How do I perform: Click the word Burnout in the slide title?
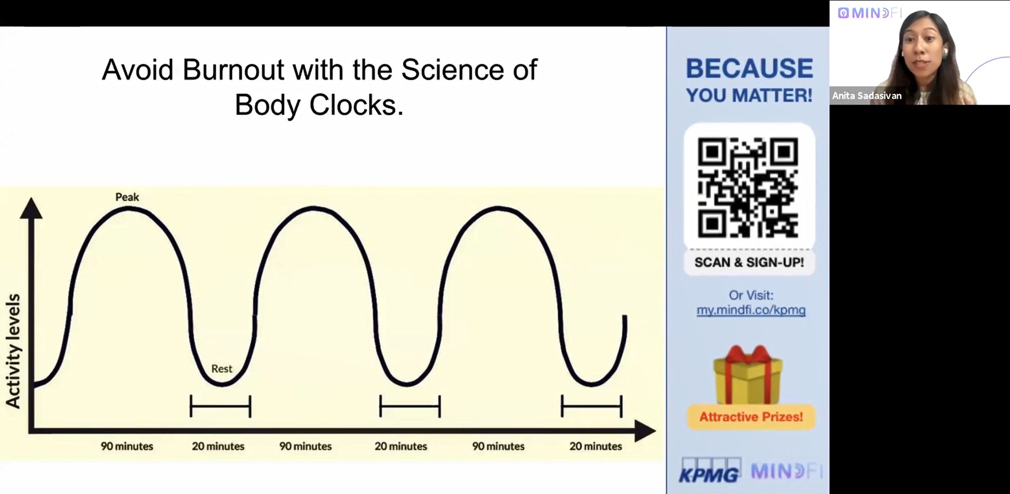pyautogui.click(x=233, y=70)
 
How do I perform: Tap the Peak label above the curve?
pyautogui.click(x=127, y=197)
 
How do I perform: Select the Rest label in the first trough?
pyautogui.click(x=222, y=369)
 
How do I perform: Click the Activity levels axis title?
pyautogui.click(x=13, y=351)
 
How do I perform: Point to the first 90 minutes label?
pyautogui.click(x=127, y=446)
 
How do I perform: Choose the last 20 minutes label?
pyautogui.click(x=595, y=446)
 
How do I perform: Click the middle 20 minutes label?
pyautogui.click(x=401, y=446)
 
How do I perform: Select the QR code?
pyautogui.click(x=748, y=187)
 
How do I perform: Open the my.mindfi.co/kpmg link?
pyautogui.click(x=751, y=310)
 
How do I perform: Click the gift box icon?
pyautogui.click(x=748, y=375)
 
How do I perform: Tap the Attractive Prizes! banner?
pyautogui.click(x=751, y=417)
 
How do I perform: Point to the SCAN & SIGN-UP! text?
pyautogui.click(x=749, y=262)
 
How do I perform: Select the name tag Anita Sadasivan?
pyautogui.click(x=867, y=96)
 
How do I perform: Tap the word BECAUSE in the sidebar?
pyautogui.click(x=749, y=69)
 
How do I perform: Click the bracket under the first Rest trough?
pyautogui.click(x=220, y=407)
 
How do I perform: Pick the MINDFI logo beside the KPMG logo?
pyautogui.click(x=787, y=471)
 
